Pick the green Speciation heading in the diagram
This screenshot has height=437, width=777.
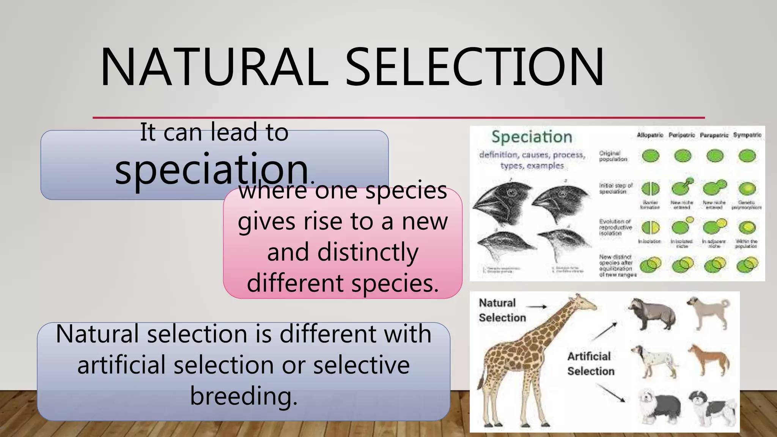pyautogui.click(x=532, y=137)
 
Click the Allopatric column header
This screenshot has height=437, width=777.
pyautogui.click(x=650, y=135)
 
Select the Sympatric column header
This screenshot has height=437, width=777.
pyautogui.click(x=747, y=135)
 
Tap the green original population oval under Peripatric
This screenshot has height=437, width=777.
pyautogui.click(x=683, y=156)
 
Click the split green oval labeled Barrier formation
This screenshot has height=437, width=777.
pyautogui.click(x=650, y=189)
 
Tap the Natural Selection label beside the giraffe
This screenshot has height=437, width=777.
pyautogui.click(x=502, y=310)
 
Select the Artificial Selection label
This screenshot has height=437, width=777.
pyautogui.click(x=590, y=364)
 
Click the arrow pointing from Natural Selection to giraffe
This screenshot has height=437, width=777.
pyautogui.click(x=538, y=307)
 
